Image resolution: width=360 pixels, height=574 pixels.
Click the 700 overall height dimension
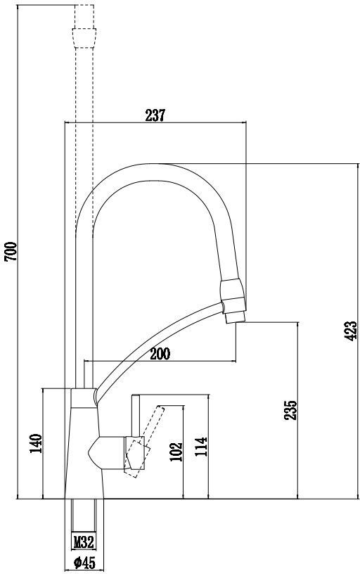coord(11,252)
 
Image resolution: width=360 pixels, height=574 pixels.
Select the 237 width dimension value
coord(155,115)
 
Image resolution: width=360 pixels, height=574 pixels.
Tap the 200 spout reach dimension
coord(160,354)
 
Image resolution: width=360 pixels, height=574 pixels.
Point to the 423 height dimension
coord(351,331)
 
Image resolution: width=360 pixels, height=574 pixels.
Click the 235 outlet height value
coord(291,410)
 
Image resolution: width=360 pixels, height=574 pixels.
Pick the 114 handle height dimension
coord(201,447)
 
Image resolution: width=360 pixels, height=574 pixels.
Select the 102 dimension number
coord(176,452)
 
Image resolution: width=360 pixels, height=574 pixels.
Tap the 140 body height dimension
coord(36,443)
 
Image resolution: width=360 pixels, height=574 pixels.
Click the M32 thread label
coord(84,542)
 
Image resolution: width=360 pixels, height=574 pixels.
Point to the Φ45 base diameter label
coord(84,563)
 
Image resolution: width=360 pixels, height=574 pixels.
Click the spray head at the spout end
coord(232,301)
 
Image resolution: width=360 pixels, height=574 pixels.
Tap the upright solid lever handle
coord(136,416)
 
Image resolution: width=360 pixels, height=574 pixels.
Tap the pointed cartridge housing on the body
coord(107,453)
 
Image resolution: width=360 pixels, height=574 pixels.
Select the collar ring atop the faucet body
coord(84,398)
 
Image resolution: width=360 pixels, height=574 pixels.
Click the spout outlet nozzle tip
coord(236,317)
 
